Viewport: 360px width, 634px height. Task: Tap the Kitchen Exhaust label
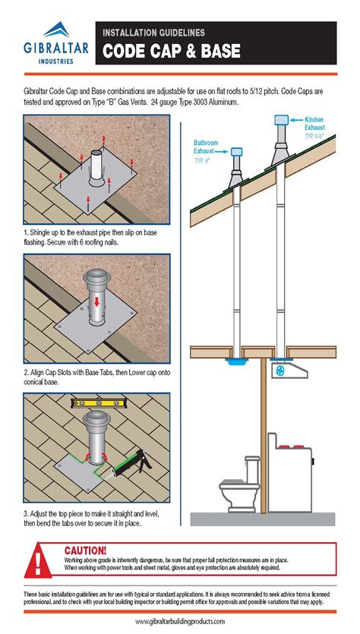(314, 124)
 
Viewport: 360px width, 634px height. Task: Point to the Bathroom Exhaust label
(206, 146)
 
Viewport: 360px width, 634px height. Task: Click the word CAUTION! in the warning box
(85, 549)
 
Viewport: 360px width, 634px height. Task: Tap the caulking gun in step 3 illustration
(131, 461)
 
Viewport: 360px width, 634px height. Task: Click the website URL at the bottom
(180, 621)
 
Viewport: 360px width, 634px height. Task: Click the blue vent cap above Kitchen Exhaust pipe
(279, 119)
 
